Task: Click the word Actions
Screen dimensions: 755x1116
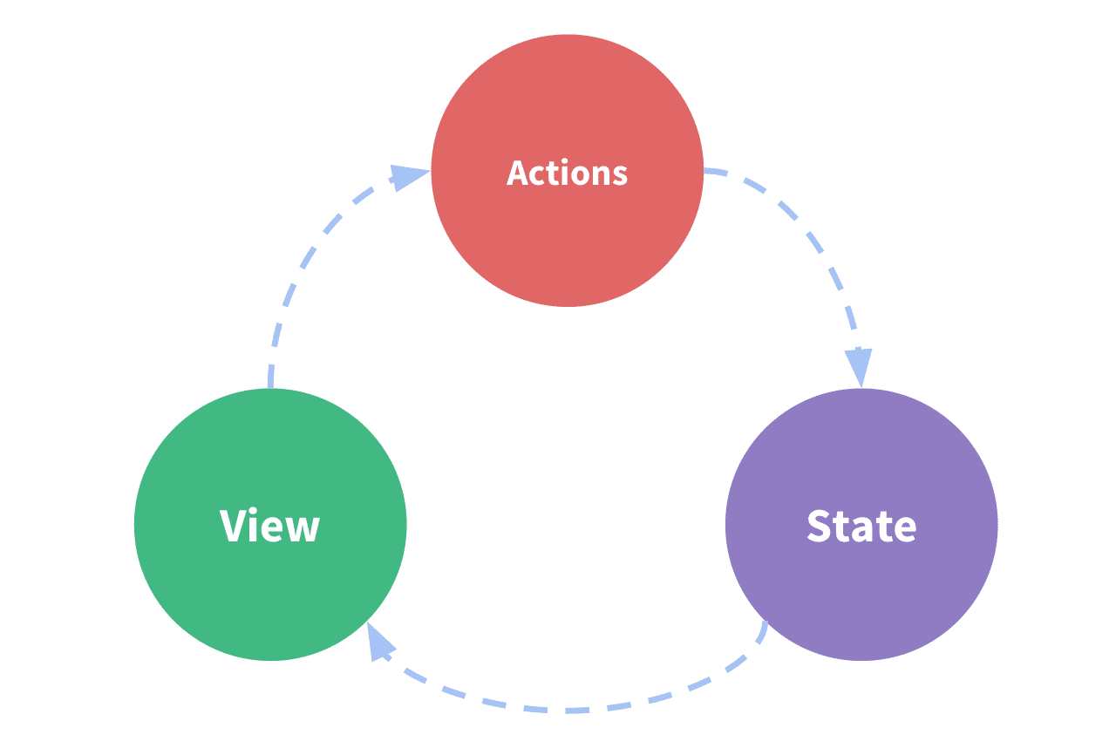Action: click(x=567, y=173)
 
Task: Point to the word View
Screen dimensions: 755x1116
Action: click(x=270, y=526)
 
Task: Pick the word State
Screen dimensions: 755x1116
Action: click(x=861, y=526)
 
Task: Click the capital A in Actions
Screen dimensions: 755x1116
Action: click(x=519, y=173)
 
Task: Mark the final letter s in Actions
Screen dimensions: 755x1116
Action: click(x=619, y=175)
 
